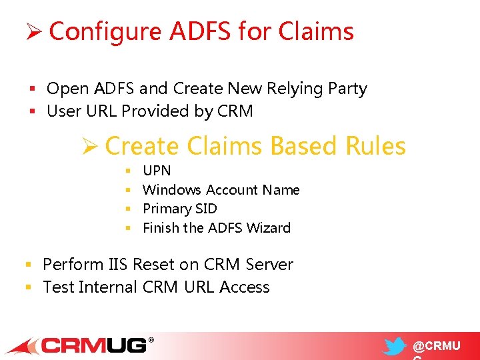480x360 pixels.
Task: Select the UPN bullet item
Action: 157,171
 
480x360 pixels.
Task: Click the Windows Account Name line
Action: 221,190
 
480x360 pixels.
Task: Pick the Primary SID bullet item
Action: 179,209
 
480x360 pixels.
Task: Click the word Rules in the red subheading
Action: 375,146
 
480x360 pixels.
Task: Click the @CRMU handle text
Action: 436,347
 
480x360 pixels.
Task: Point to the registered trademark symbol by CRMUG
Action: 151,340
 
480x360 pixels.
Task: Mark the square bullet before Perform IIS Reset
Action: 29,265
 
